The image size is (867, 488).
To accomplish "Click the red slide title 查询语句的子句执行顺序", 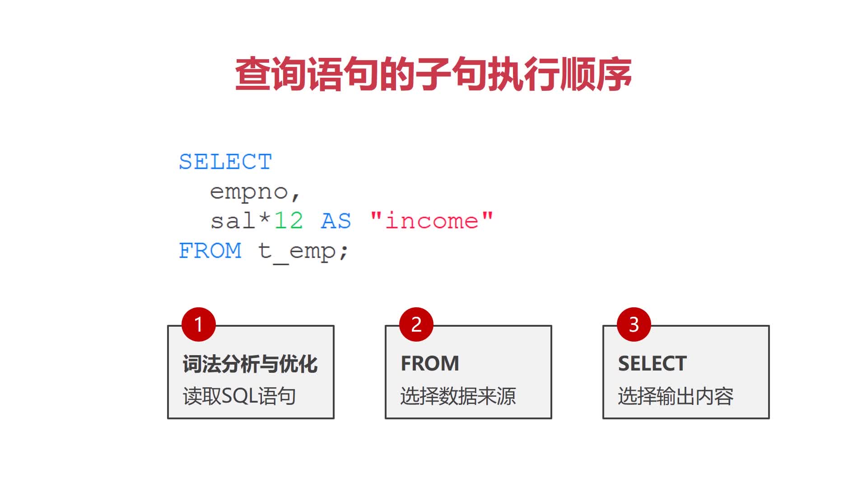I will point(433,74).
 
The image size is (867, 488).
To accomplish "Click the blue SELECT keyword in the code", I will point(225,162).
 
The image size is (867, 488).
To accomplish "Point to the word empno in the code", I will point(249,192).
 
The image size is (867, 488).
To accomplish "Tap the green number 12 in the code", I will point(289,221).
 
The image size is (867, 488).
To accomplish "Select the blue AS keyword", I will point(336,221).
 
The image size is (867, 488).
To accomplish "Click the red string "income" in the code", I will point(431,221).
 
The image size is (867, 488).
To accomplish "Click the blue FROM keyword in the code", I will point(210,251).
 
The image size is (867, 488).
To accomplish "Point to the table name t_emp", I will point(296,252).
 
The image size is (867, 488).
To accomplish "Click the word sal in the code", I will point(233,221).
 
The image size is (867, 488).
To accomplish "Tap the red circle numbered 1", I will point(198,324).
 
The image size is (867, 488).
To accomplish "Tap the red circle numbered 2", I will point(416,324).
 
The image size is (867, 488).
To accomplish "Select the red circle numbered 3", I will point(634,324).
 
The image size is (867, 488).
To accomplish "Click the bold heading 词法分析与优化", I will point(250,364).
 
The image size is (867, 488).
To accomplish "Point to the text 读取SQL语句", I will point(239,396).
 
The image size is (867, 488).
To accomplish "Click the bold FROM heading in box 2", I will point(429,364).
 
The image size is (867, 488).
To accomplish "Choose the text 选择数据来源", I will point(457,396).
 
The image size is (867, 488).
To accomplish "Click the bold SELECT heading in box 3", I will point(652,364).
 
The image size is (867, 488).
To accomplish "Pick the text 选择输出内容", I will point(676,396).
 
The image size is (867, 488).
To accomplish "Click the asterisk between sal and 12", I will point(265,220).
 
